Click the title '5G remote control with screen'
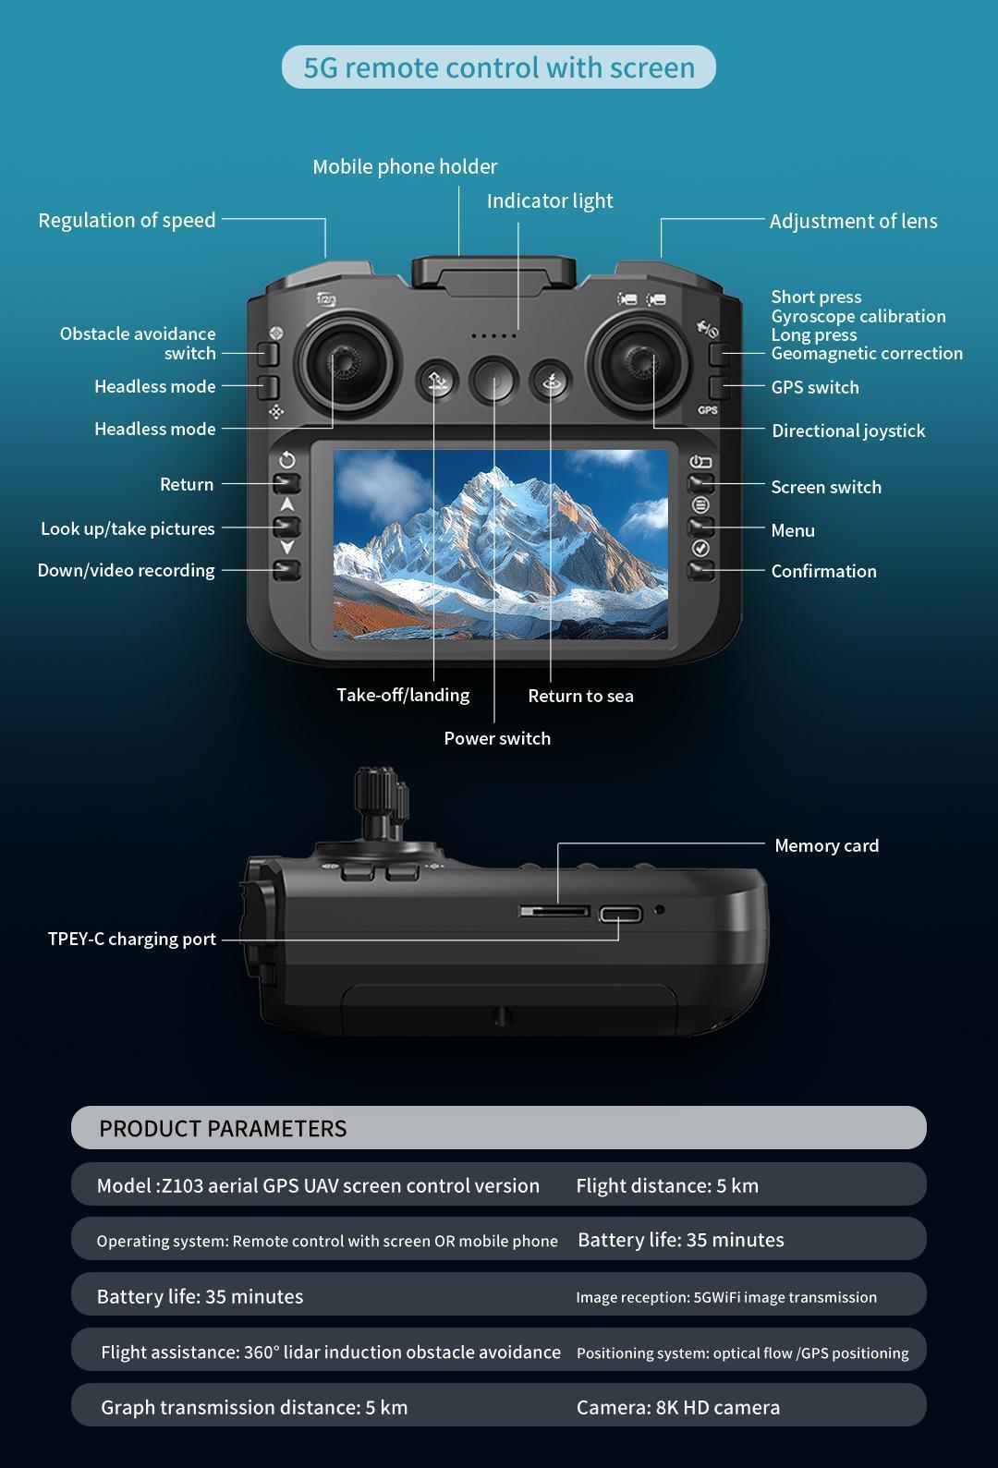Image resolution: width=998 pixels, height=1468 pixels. (499, 67)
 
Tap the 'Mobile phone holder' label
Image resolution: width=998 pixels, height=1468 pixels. (405, 166)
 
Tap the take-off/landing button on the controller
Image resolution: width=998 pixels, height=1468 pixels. (437, 381)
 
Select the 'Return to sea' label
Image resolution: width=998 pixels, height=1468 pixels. (580, 696)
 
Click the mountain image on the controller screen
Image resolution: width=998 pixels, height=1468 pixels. (500, 543)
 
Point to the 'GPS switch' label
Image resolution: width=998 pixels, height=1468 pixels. (814, 387)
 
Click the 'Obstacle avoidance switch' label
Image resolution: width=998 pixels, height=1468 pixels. (139, 343)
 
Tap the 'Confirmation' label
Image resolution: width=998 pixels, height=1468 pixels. (823, 571)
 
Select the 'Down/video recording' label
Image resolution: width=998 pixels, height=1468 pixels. (126, 570)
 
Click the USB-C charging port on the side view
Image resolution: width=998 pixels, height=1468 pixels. (620, 915)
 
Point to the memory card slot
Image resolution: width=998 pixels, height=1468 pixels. (554, 911)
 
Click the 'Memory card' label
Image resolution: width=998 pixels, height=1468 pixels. (826, 845)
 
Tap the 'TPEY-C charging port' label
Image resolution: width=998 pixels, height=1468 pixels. (131, 939)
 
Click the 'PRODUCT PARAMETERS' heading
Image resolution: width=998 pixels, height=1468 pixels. (223, 1128)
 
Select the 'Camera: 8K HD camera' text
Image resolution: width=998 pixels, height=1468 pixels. (677, 1407)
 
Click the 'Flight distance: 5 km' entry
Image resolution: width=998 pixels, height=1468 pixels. (666, 1185)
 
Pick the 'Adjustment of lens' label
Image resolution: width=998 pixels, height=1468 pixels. (852, 221)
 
